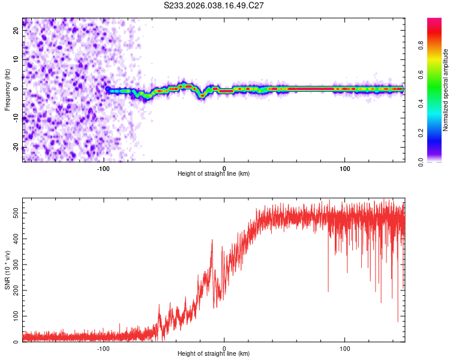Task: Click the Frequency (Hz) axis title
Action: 7,89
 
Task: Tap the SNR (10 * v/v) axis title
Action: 7,270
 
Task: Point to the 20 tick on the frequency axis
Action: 16,32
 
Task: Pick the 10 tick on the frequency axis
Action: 16,61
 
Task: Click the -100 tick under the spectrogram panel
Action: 103,168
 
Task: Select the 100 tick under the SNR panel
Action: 345,348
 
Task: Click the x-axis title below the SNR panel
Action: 214,354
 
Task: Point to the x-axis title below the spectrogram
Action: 214,174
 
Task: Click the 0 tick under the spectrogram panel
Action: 224,168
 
